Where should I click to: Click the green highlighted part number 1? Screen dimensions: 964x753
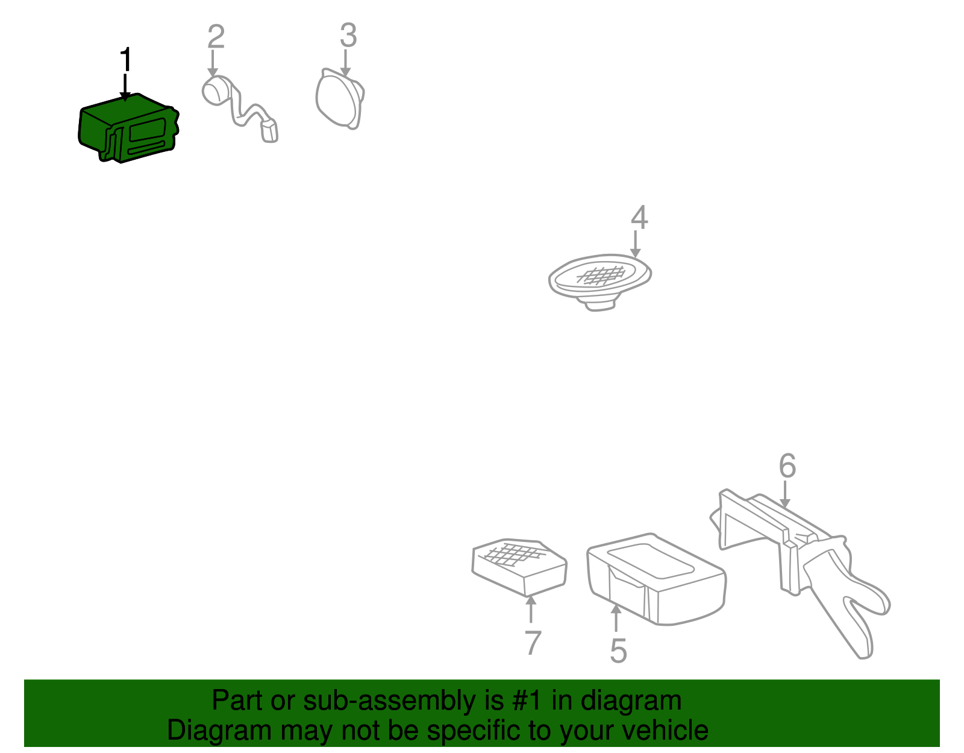click(128, 128)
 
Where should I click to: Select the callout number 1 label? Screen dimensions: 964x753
click(126, 60)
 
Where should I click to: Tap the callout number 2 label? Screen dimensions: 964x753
click(216, 37)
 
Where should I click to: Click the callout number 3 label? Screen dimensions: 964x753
click(348, 36)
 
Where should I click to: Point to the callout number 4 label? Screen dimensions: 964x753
click(639, 218)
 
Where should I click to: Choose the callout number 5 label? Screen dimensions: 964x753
click(618, 651)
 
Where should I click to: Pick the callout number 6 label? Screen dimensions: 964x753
click(787, 466)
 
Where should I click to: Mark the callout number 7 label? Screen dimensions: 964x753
click(533, 643)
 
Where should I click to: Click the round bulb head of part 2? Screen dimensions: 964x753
click(214, 91)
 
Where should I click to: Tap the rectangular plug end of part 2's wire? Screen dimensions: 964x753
click(269, 131)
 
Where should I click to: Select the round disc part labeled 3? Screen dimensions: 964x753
click(340, 98)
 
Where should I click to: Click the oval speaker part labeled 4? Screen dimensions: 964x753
click(599, 282)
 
